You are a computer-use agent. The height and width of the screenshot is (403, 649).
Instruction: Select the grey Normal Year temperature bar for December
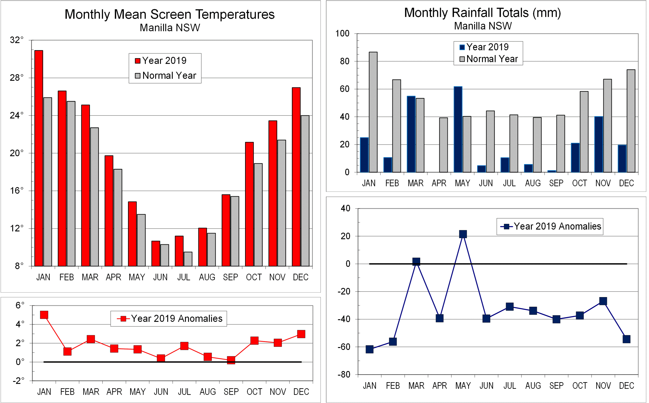click(x=305, y=191)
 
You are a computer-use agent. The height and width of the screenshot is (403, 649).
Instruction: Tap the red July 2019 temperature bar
click(x=179, y=251)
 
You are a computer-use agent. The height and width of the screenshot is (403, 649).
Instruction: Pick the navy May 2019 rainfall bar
click(x=458, y=129)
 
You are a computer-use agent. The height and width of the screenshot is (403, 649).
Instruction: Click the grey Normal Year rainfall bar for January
click(x=373, y=112)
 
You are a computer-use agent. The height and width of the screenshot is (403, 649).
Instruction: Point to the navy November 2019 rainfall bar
click(x=599, y=144)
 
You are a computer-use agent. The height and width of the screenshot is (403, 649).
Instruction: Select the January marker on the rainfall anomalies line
click(x=369, y=349)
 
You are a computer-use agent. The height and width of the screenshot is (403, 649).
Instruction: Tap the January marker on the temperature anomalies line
click(x=44, y=315)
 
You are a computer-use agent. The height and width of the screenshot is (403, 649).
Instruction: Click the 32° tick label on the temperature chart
click(x=17, y=40)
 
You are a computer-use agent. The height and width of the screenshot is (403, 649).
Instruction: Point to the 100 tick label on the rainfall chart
click(x=342, y=34)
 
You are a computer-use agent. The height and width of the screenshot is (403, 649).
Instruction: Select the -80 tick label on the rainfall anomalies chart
click(x=344, y=374)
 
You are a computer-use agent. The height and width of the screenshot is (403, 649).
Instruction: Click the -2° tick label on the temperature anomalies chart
click(x=18, y=381)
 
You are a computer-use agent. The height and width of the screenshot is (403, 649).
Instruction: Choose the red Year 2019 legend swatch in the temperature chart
click(x=137, y=61)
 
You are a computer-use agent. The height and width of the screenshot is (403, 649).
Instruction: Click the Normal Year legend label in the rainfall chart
click(x=492, y=59)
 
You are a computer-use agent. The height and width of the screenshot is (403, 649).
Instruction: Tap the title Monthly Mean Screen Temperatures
click(x=169, y=14)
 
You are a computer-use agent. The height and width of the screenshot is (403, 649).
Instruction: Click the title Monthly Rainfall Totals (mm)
click(x=482, y=13)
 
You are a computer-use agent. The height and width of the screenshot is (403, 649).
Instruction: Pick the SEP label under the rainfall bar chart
click(x=556, y=183)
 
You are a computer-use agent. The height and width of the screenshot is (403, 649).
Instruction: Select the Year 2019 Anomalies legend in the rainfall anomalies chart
click(x=550, y=226)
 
